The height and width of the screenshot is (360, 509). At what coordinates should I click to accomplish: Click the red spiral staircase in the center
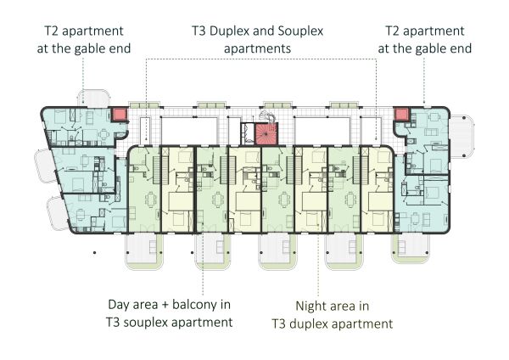pyautogui.click(x=267, y=133)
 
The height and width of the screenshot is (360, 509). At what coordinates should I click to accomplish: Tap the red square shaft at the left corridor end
pyautogui.click(x=119, y=115)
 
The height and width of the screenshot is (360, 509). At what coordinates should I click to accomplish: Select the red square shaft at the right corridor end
pyautogui.click(x=401, y=115)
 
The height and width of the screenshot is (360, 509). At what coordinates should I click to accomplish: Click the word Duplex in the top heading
pyautogui.click(x=229, y=31)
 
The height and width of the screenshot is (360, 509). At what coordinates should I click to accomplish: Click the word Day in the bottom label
pyautogui.click(x=118, y=306)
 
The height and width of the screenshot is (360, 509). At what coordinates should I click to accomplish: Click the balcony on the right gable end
pyautogui.click(x=461, y=137)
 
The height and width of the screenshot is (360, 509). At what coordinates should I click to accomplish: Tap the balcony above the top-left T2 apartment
pyautogui.click(x=93, y=98)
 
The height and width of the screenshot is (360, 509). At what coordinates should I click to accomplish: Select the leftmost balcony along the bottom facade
pyautogui.click(x=144, y=250)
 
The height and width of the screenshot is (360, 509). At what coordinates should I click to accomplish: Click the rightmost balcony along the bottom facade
pyautogui.click(x=410, y=248)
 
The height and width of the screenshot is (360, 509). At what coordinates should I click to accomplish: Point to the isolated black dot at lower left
pyautogui.click(x=95, y=252)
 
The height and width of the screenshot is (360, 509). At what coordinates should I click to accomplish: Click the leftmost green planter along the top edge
pyautogui.click(x=144, y=105)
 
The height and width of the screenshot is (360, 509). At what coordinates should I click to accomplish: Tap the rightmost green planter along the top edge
pyautogui.click(x=344, y=105)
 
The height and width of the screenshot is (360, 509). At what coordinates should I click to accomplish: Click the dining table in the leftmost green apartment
pyautogui.click(x=151, y=200)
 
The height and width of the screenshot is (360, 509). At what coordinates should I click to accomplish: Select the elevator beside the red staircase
pyautogui.click(x=248, y=133)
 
